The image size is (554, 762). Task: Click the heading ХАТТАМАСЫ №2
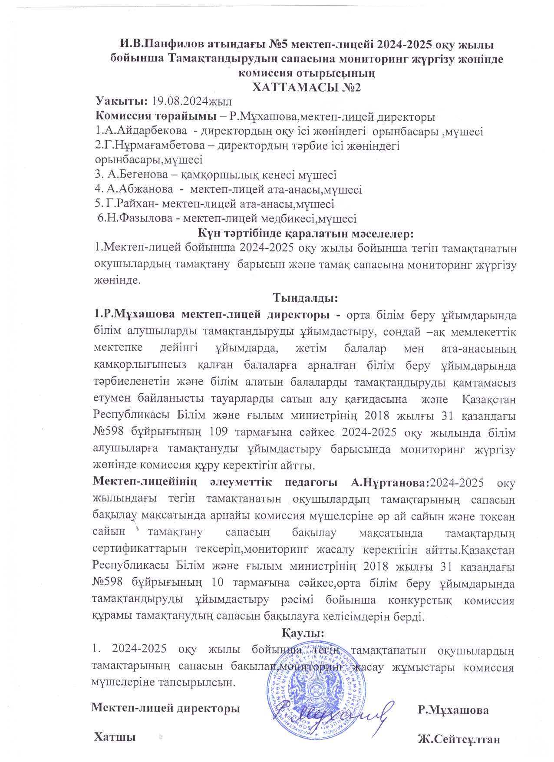pyautogui.click(x=307, y=87)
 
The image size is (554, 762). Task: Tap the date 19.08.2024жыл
pyautogui.click(x=191, y=102)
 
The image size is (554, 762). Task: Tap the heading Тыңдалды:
pyautogui.click(x=305, y=298)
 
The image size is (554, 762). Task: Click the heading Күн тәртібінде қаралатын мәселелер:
pyautogui.click(x=306, y=234)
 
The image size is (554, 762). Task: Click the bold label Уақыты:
pyautogui.click(x=122, y=102)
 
